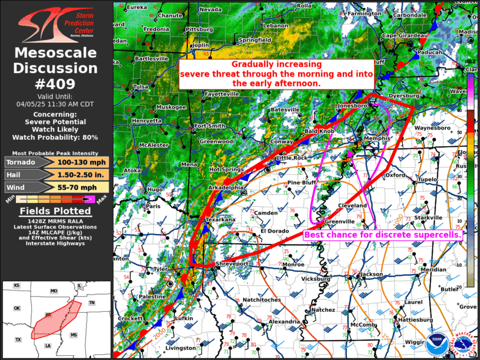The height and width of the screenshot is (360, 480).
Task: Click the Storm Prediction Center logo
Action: [x=56, y=23]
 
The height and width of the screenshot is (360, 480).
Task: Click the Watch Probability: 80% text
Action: [x=55, y=137]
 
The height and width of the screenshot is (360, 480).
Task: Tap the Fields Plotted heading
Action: [x=55, y=211]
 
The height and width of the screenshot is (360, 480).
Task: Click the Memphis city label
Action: [x=377, y=138]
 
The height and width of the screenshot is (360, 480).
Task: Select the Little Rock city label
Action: [x=292, y=158]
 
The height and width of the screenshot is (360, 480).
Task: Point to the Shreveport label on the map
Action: [x=233, y=264]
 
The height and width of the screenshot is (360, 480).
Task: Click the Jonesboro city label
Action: [x=351, y=105]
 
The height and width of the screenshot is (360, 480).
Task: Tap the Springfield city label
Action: [x=255, y=40]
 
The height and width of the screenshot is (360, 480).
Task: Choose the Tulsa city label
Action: [x=141, y=87]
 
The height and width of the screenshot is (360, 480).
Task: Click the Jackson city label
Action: [x=371, y=274]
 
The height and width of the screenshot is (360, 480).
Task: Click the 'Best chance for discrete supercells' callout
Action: [x=382, y=235]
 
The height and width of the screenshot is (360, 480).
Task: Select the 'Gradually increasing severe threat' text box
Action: [x=276, y=74]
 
